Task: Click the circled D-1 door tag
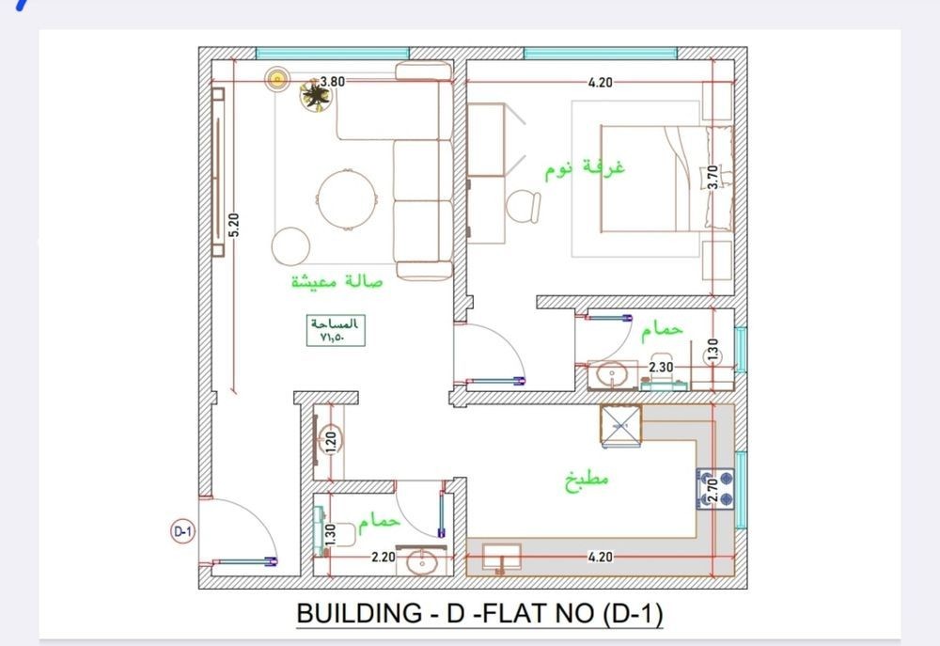point(182,531)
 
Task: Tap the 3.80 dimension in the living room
point(333,82)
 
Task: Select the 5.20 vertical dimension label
point(234,225)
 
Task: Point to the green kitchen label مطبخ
point(587,480)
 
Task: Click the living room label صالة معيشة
point(337,281)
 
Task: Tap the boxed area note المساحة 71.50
point(336,330)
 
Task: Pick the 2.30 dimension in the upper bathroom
point(661,367)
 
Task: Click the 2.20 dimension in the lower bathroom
point(384,558)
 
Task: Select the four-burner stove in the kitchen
point(715,489)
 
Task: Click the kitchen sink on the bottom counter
point(501,557)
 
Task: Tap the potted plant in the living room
point(315,95)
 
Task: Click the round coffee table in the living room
point(348,199)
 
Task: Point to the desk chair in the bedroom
point(523,206)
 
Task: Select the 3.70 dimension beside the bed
point(713,178)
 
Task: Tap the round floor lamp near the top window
point(277,79)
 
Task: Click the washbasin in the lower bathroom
point(421,562)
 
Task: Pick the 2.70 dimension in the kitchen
point(713,490)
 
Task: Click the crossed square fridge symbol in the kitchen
point(621,425)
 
